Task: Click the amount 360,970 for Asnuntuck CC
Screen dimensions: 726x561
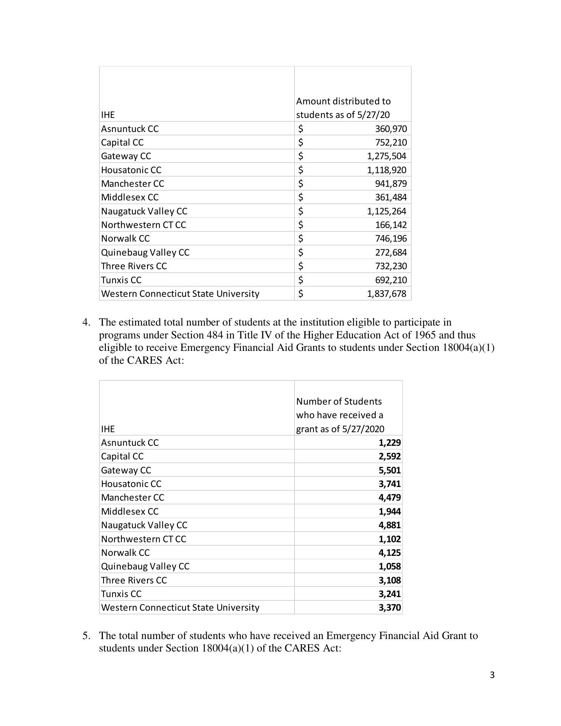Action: click(391, 129)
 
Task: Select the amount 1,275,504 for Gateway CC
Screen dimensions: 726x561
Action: click(386, 156)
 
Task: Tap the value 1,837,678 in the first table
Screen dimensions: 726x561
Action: click(386, 294)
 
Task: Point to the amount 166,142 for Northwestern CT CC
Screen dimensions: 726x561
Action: click(391, 225)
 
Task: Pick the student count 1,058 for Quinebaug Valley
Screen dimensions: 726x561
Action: click(389, 566)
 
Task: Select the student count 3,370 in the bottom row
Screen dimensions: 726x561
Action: click(389, 608)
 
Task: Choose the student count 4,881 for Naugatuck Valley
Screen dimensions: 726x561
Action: click(389, 525)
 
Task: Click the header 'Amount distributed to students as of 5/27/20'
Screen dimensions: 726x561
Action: click(343, 108)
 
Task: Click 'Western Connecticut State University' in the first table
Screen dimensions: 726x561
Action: click(180, 294)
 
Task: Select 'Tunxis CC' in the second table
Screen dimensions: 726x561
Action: click(121, 594)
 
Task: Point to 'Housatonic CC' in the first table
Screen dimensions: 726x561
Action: click(131, 170)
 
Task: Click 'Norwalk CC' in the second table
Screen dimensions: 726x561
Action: click(125, 553)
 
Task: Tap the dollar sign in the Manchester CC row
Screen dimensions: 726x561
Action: click(301, 184)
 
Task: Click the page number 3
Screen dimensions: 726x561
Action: click(492, 675)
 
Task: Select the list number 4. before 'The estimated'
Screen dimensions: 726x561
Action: click(87, 323)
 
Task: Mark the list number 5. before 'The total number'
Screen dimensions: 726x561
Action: click(87, 636)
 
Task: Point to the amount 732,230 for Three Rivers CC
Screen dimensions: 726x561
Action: click(391, 266)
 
